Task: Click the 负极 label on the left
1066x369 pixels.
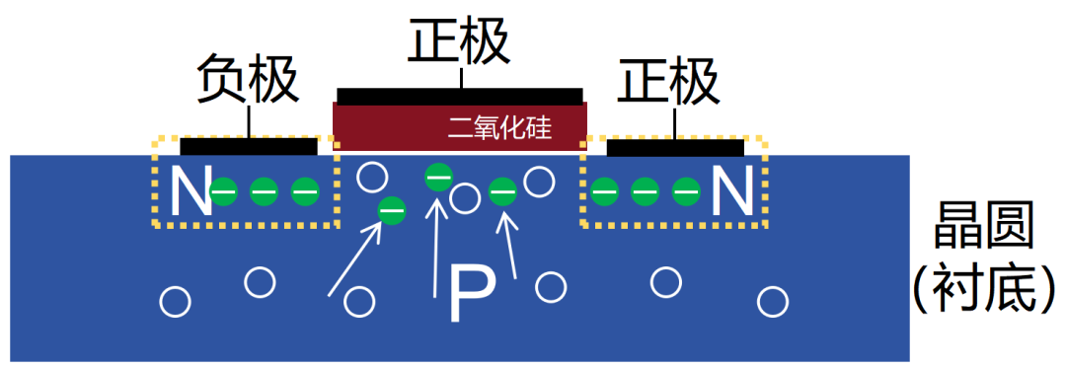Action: (248, 81)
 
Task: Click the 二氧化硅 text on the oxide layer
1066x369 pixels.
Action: (498, 126)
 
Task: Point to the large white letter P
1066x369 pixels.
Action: (471, 294)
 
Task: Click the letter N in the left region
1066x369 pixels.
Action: (190, 191)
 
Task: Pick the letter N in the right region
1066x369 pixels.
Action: (731, 191)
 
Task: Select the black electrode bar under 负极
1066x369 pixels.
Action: (248, 146)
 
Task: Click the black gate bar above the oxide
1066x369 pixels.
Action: (459, 95)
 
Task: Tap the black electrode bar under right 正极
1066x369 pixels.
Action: (675, 147)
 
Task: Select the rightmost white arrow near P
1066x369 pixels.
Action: (510, 247)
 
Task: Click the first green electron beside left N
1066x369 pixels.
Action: (224, 191)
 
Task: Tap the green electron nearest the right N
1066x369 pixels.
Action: (685, 191)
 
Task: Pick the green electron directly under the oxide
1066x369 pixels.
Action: (437, 178)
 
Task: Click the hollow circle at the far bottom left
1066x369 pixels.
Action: (176, 301)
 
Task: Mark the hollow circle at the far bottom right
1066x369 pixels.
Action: (772, 300)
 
